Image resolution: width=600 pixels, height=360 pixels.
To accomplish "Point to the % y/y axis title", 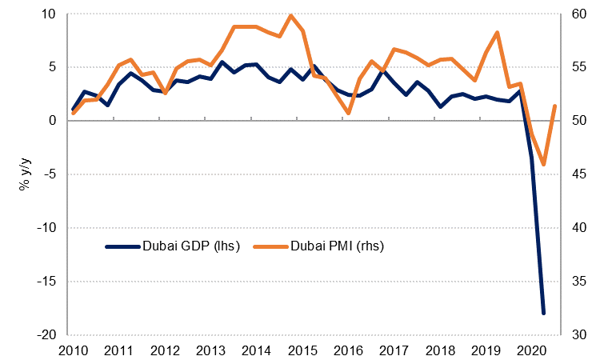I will coord(25,174).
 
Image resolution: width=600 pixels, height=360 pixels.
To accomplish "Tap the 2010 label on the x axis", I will coord(73,350).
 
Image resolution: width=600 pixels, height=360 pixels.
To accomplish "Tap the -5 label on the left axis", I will coord(48,174).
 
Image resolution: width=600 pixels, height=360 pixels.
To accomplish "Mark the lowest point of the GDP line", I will coord(543,314).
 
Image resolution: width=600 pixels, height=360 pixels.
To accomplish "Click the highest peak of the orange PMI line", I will coord(290,15).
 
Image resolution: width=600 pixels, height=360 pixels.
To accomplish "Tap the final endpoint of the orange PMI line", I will coord(555,106).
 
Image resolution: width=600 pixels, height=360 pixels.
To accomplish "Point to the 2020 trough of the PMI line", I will coord(543,165).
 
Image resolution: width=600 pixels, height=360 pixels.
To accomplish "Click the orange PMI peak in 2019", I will coord(498,33).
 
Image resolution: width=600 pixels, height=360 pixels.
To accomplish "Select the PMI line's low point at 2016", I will coord(348,113).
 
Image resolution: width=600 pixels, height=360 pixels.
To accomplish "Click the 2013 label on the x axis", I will coord(210,350).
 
